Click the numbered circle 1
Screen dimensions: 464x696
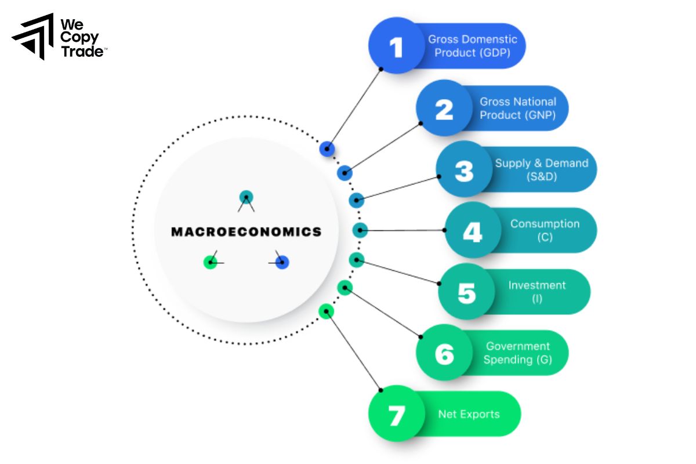[x=397, y=46]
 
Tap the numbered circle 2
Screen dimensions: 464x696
[x=444, y=108]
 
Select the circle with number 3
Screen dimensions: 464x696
[x=464, y=170]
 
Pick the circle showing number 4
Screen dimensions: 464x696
[x=472, y=231]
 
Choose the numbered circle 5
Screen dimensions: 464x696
[x=466, y=292]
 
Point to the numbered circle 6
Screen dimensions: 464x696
[x=444, y=353]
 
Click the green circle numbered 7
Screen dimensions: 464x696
[x=397, y=415]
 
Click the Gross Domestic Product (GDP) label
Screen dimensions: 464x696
[x=472, y=46]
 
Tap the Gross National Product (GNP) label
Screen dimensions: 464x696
[x=517, y=108]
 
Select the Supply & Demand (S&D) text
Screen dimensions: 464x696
[x=541, y=170]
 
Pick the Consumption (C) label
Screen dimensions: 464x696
[x=545, y=231]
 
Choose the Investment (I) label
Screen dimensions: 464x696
[x=536, y=292]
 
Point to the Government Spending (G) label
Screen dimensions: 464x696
[x=517, y=353]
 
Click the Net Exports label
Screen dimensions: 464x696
[x=469, y=415]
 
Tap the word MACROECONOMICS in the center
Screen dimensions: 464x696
[x=246, y=232]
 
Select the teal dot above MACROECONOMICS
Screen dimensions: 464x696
[x=246, y=197]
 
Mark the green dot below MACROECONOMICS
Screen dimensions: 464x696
[x=210, y=263]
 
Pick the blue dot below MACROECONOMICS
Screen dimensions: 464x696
[x=282, y=263]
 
